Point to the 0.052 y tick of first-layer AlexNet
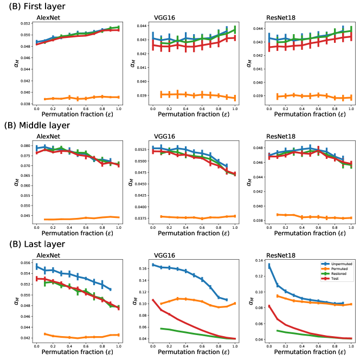(x=25, y=24)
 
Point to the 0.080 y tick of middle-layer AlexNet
(x=25, y=146)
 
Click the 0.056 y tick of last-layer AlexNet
(x=25, y=262)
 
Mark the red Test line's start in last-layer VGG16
(x=153, y=300)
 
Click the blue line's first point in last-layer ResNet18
(x=269, y=266)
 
